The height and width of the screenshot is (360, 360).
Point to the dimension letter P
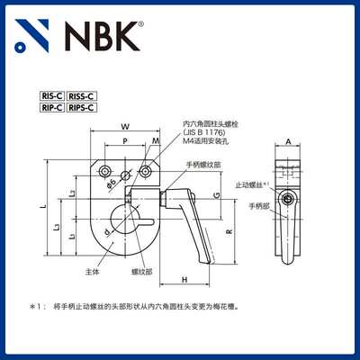click(124, 141)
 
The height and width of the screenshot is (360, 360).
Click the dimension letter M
click(155, 141)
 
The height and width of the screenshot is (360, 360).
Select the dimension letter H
click(183, 279)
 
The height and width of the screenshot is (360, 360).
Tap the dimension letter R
click(229, 232)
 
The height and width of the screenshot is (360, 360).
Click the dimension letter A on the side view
click(287, 142)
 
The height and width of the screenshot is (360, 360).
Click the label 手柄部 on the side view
click(257, 206)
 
